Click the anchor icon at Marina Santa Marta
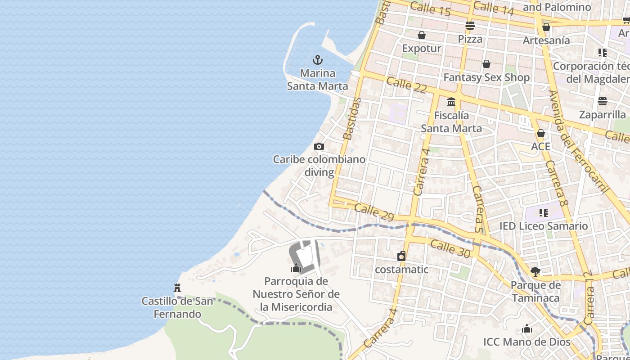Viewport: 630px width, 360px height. [318, 60]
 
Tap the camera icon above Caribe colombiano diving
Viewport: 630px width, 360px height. [319, 146]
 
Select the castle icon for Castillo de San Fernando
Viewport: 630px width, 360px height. [177, 288]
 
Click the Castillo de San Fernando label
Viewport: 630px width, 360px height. [177, 307]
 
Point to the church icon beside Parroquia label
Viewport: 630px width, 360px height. [296, 268]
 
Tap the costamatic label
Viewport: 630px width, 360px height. [401, 270]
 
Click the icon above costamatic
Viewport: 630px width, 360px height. [401, 256]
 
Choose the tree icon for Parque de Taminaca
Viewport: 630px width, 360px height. [535, 271]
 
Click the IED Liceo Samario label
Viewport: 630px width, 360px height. [544, 226]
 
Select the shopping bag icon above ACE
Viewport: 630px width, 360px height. [541, 134]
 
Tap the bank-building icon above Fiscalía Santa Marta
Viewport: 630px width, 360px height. [451, 102]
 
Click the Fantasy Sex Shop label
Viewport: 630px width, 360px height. [486, 77]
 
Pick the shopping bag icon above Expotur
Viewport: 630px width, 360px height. [422, 35]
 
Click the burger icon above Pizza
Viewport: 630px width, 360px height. [470, 26]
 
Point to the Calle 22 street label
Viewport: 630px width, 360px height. [406, 85]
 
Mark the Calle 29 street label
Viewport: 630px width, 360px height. [374, 212]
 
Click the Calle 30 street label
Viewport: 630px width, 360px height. [450, 249]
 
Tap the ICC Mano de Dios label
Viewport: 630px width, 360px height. [527, 342]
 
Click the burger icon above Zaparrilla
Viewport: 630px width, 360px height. [603, 101]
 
